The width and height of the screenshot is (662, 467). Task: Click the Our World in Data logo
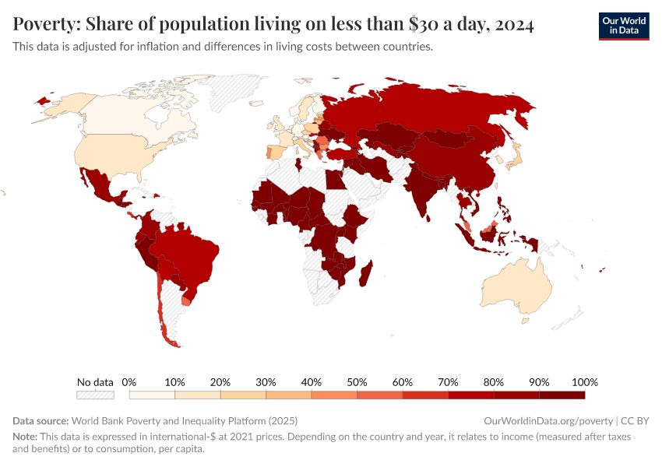tap(623, 26)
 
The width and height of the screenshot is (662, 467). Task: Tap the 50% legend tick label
tap(357, 382)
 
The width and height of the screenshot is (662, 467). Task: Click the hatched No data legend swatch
tap(95, 395)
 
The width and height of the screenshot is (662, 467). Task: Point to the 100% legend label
tap(584, 382)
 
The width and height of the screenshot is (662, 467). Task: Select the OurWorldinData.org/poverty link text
tap(548, 420)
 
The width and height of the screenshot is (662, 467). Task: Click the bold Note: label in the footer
tap(26, 437)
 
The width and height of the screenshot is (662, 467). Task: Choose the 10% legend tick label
tap(174, 382)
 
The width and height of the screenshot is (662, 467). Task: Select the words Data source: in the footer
tap(40, 420)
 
